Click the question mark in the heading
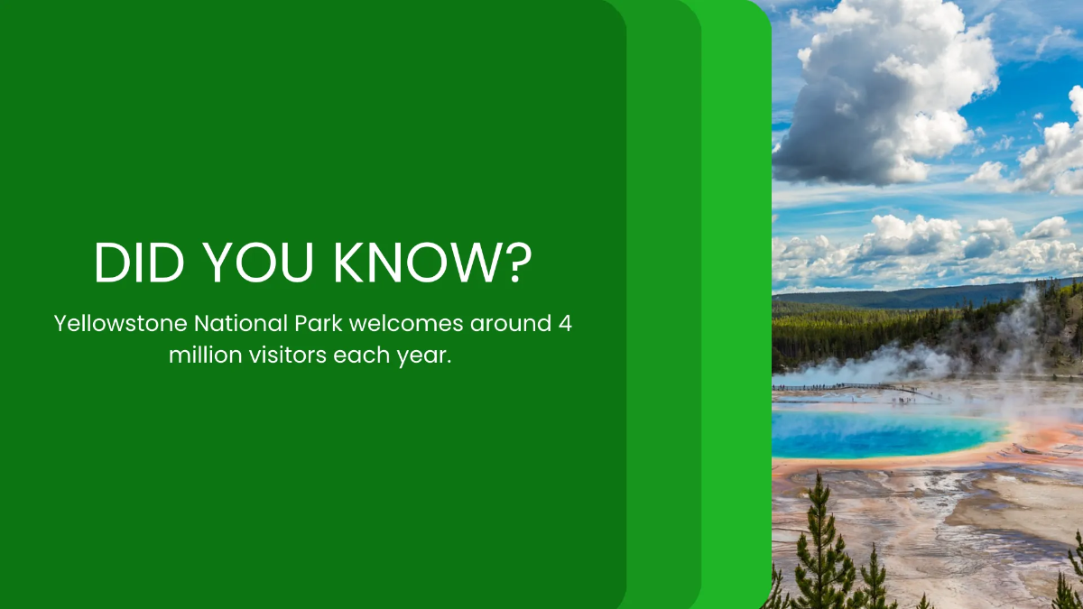point(516,262)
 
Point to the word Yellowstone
point(120,324)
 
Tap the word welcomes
point(397,324)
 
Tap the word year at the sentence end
point(422,355)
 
